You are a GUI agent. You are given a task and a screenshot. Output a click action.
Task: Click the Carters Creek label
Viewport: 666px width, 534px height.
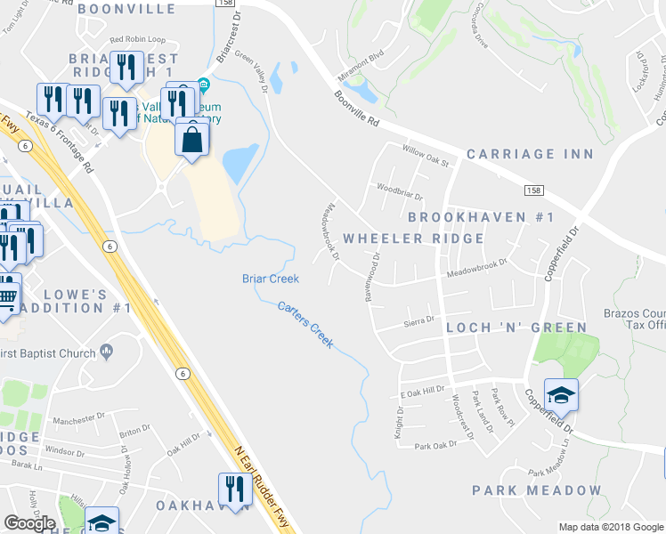point(305,325)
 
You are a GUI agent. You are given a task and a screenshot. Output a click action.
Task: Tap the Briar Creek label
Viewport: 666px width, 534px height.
point(271,279)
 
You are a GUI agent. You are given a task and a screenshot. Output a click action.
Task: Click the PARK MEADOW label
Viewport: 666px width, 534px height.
point(537,490)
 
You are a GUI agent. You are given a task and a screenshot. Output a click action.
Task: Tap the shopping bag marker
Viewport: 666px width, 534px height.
point(192,139)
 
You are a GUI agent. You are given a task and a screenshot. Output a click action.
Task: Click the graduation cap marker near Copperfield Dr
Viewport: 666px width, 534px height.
point(561,394)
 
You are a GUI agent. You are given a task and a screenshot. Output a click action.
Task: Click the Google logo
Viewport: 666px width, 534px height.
point(29,523)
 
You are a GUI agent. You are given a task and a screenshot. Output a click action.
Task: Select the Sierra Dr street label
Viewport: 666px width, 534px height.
point(418,319)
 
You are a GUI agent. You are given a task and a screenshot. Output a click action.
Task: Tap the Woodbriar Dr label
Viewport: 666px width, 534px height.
point(399,190)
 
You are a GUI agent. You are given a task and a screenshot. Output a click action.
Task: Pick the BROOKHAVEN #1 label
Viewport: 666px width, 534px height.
point(481,218)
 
